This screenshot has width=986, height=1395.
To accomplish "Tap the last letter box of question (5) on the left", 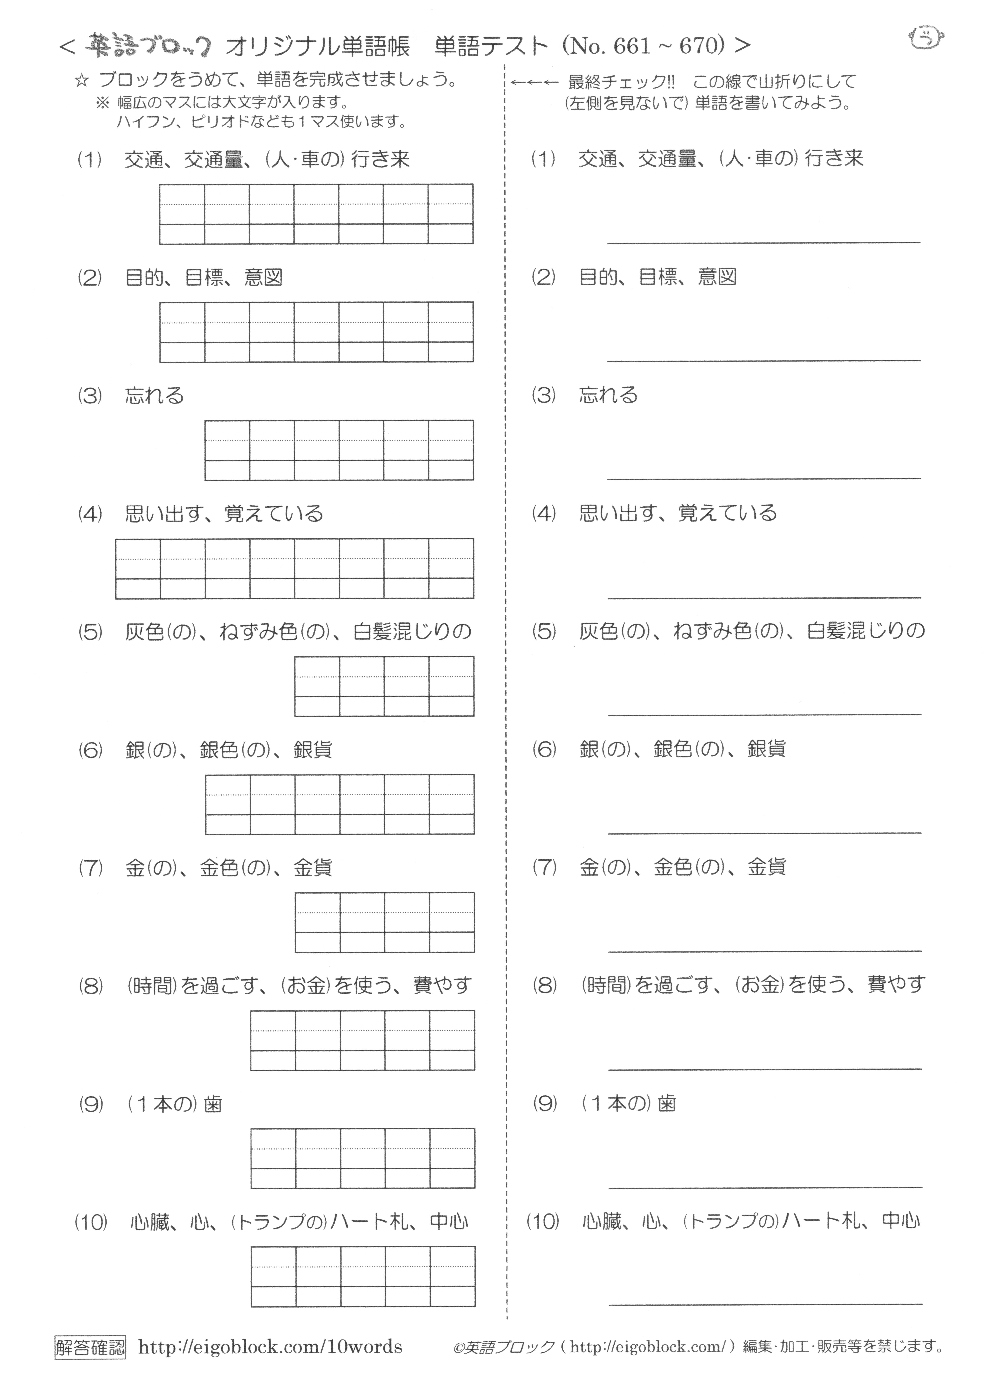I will point(451,686).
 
